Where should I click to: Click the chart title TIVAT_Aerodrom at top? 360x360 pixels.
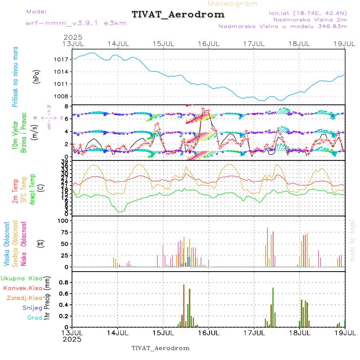click(178, 14)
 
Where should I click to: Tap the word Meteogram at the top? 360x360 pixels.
click(233, 4)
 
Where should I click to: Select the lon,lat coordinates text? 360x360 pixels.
click(308, 13)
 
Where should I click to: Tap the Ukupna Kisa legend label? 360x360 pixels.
click(21, 278)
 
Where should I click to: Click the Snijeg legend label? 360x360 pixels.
click(32, 308)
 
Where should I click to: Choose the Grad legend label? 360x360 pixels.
click(34, 318)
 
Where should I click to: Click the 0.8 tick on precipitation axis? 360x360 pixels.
click(63, 282)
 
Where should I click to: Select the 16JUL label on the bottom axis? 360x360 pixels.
click(208, 333)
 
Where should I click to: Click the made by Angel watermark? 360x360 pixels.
click(352, 240)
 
